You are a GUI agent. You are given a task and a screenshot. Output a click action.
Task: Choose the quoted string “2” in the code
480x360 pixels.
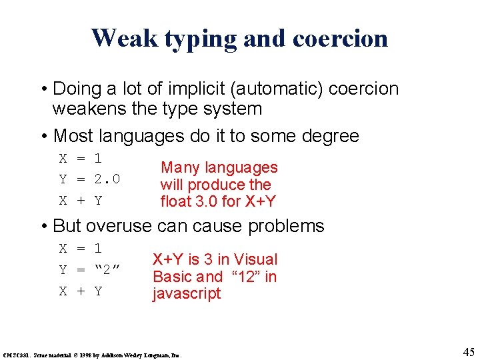(x=107, y=270)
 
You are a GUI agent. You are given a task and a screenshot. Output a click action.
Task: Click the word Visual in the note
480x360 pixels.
(x=255, y=259)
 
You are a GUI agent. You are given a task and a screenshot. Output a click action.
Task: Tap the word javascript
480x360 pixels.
(x=187, y=294)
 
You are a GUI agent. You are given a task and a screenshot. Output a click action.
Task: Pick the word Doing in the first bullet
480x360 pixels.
(x=74, y=89)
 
